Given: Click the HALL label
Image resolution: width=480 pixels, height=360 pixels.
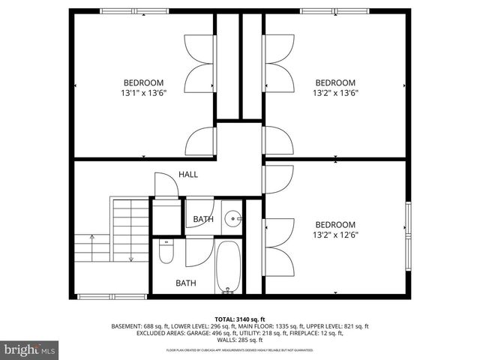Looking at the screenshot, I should point(188,174).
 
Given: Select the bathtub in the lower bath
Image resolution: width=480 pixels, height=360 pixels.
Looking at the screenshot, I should point(227,267).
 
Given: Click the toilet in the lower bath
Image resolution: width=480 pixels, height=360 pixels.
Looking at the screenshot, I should point(166,253).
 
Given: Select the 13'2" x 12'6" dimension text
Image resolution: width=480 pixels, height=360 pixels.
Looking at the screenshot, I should point(335,235).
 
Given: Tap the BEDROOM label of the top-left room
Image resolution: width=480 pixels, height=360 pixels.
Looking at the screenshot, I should point(143,82).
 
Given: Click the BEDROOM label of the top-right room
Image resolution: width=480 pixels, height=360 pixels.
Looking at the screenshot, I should point(335,82).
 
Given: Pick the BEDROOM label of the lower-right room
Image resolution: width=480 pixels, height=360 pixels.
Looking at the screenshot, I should point(335,224).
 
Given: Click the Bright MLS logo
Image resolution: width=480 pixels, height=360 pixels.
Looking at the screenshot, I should point(30,349).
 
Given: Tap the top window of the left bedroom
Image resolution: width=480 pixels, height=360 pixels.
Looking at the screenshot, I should point(124,10).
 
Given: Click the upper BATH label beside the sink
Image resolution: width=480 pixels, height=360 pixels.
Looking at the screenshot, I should point(203,220).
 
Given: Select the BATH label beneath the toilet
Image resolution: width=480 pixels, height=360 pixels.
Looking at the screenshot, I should point(186,283).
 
